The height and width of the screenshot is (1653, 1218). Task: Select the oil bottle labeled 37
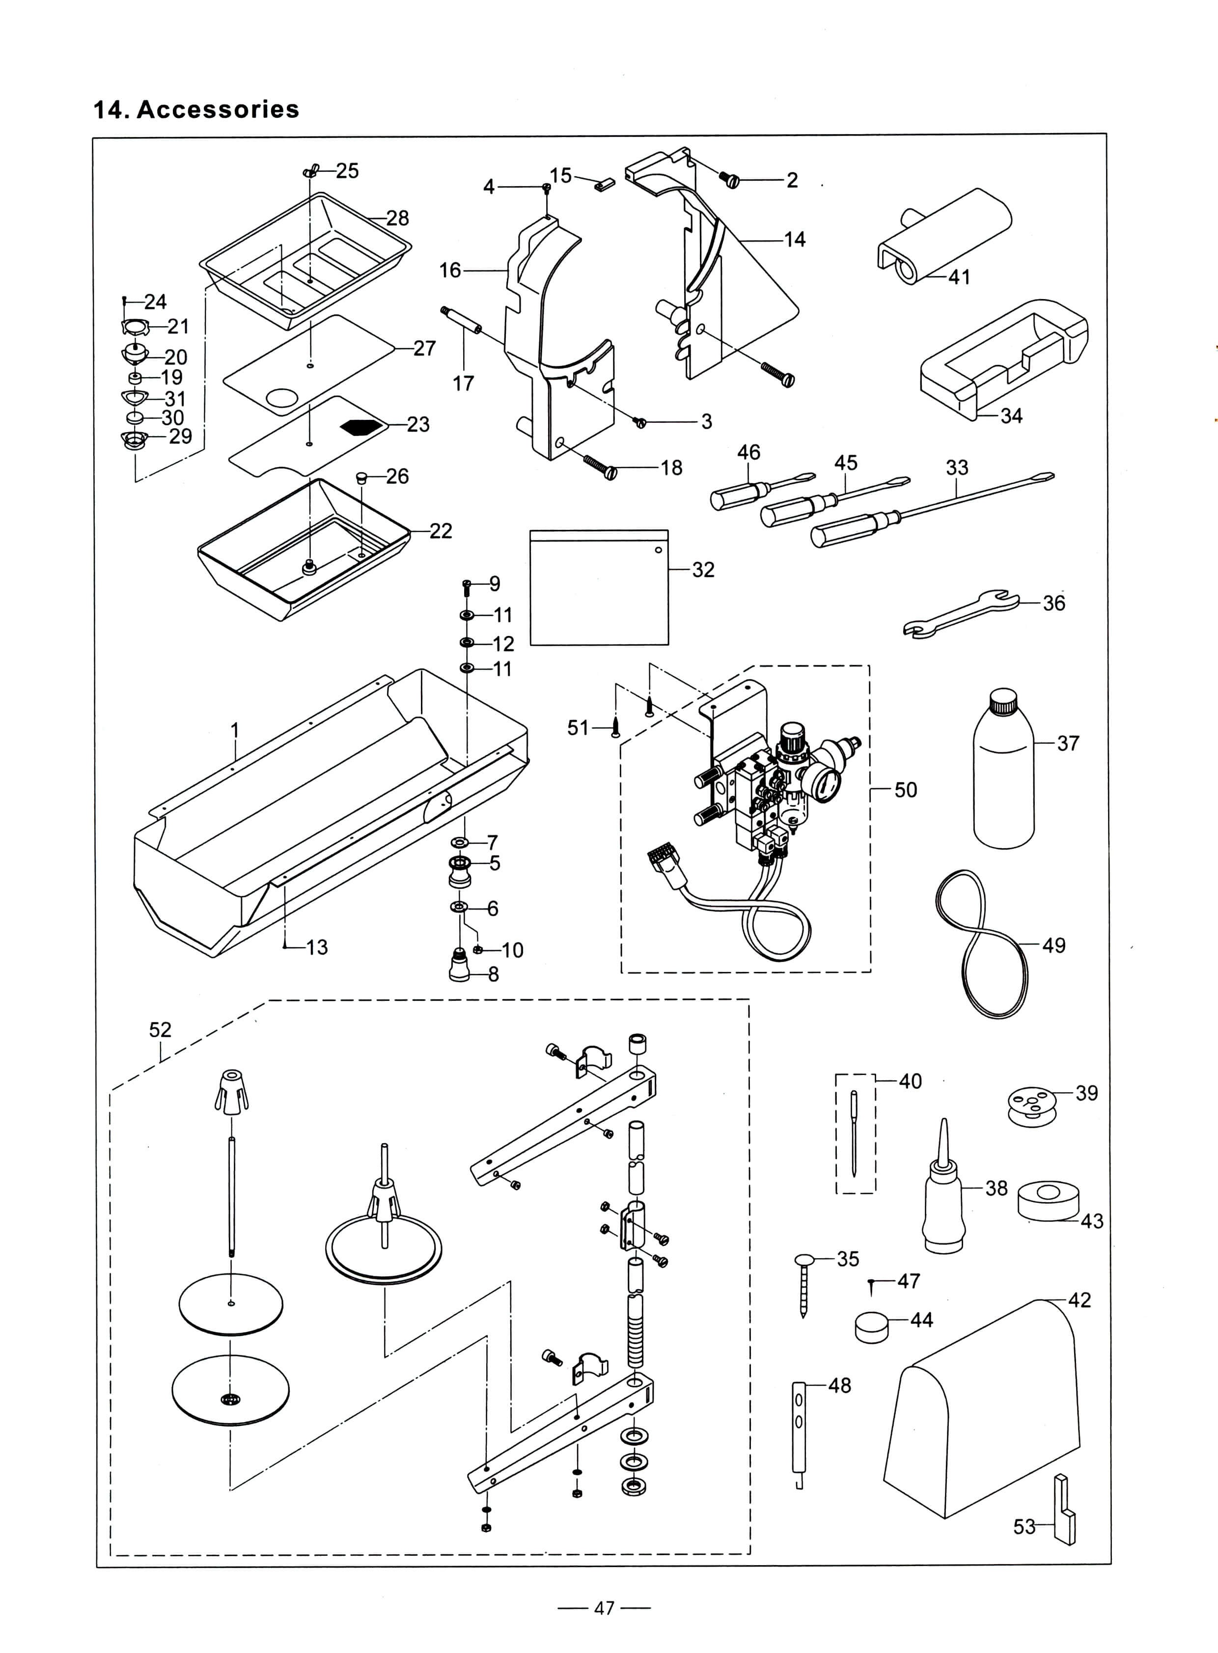pyautogui.click(x=1003, y=774)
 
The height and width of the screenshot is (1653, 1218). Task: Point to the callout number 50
pyautogui.click(x=905, y=790)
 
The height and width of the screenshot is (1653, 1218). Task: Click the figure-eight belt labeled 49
pyautogui.click(x=981, y=944)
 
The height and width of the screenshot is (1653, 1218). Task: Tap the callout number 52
pyautogui.click(x=160, y=1029)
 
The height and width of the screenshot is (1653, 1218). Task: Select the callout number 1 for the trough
pyautogui.click(x=234, y=730)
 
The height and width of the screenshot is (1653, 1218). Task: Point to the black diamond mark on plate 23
pyautogui.click(x=362, y=427)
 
